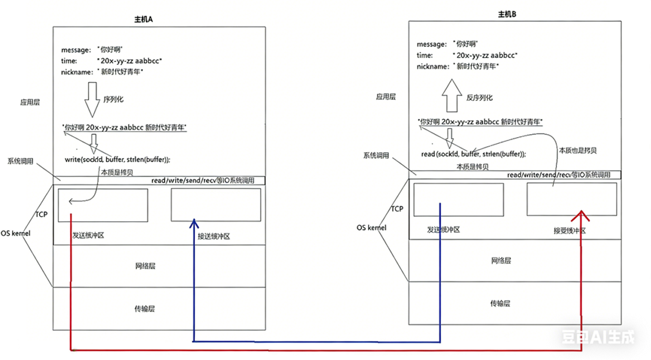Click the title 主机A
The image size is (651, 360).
tap(159, 17)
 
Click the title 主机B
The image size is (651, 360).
tap(507, 14)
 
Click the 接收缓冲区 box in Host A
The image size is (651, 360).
tap(216, 204)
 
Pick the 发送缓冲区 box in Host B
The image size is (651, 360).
tap(458, 201)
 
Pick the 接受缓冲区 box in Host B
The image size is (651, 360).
tap(571, 200)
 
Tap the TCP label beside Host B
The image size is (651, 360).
tap(397, 209)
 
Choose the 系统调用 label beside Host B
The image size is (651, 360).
tap(376, 155)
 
